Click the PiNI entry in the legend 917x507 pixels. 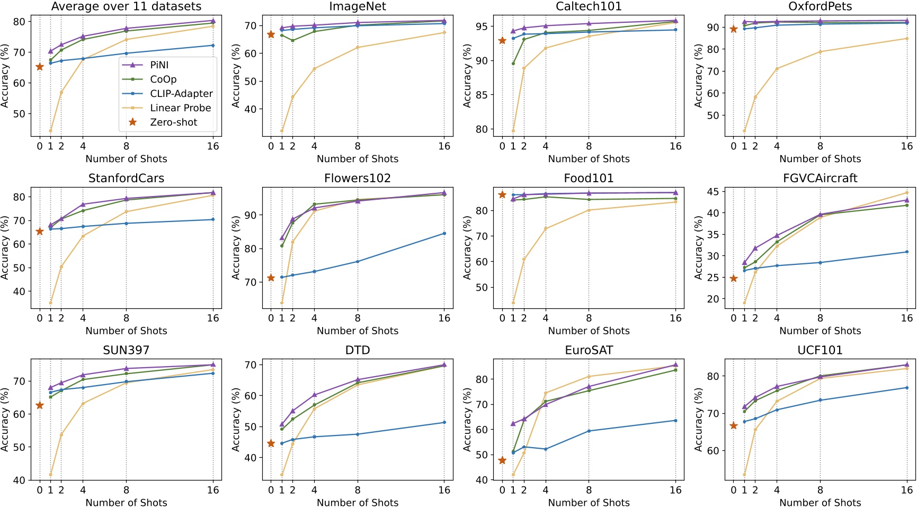point(159,65)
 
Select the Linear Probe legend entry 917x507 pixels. point(180,108)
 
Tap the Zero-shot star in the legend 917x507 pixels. point(133,122)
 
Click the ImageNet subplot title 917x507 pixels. point(358,6)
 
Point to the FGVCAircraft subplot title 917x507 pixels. point(820,179)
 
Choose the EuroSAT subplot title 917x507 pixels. point(589,350)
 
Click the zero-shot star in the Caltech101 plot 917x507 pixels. point(502,41)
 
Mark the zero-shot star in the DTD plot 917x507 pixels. point(271,443)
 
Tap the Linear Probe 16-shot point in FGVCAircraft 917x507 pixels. point(906,193)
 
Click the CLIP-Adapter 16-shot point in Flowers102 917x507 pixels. point(444,234)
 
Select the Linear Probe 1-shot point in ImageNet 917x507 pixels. point(282,131)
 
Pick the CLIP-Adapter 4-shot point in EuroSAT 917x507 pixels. point(546,449)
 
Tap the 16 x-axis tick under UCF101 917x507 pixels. point(906,490)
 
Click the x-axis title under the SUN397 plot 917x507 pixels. point(126,502)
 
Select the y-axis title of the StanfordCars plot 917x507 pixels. point(5,247)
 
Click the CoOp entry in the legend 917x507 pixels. point(163,79)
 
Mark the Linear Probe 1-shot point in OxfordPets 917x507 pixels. point(744,131)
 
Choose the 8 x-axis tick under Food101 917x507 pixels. point(589,318)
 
